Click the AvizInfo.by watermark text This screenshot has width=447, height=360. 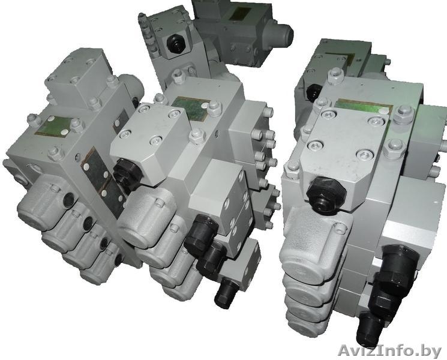coord(389,350)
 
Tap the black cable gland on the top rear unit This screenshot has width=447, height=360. coord(174,45)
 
